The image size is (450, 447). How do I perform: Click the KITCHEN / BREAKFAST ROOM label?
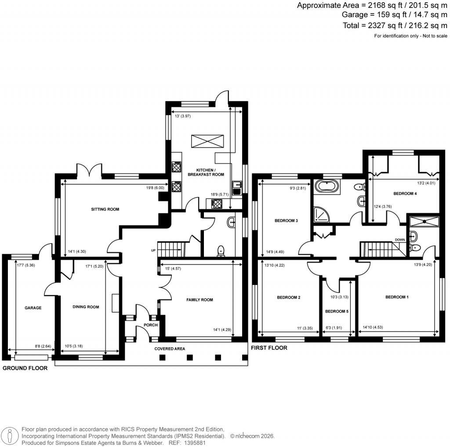(x=206, y=172)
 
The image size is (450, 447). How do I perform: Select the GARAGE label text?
(x=33, y=308)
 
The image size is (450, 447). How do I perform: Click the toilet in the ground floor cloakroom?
(x=221, y=250)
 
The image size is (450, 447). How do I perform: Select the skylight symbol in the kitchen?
(x=207, y=142)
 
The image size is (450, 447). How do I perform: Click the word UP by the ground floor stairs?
(x=153, y=251)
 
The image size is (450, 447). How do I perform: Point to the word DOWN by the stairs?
(x=400, y=240)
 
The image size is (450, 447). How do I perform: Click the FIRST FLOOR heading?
(x=269, y=348)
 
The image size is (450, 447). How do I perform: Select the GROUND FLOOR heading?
(x=25, y=368)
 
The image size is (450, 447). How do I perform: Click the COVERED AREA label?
(x=170, y=349)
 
